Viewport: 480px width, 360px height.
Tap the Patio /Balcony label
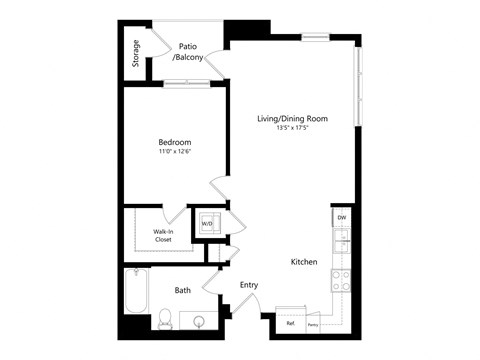(x=188, y=52)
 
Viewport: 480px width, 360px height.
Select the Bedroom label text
(x=174, y=141)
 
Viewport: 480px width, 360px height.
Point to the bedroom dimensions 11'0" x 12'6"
(x=174, y=152)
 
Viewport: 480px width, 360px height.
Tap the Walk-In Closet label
(x=165, y=236)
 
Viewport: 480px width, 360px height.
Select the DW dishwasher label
(x=341, y=217)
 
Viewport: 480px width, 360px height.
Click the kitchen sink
(x=341, y=240)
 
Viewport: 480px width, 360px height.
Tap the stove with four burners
(x=340, y=281)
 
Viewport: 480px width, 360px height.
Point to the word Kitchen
(x=304, y=262)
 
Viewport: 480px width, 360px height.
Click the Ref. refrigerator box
(x=290, y=323)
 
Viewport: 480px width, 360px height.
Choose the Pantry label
(x=313, y=324)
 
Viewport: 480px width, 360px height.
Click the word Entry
(x=249, y=285)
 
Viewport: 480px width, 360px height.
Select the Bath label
(x=183, y=291)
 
